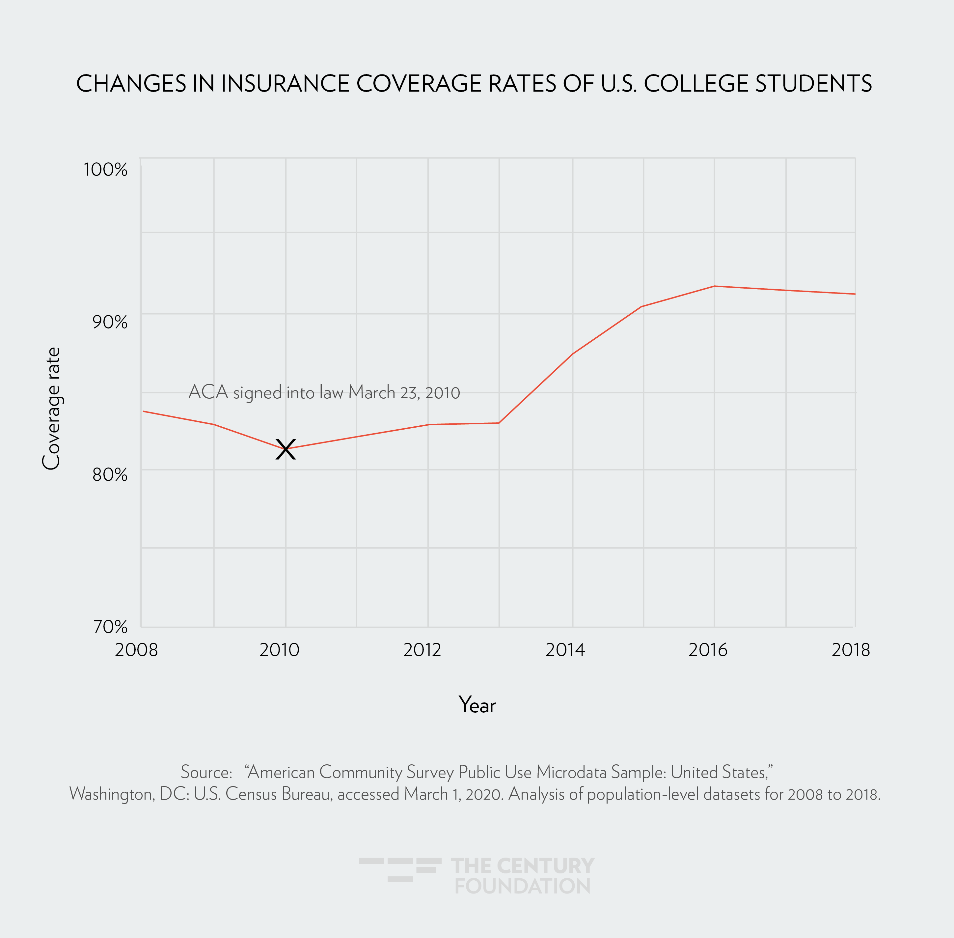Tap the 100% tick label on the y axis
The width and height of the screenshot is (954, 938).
click(105, 169)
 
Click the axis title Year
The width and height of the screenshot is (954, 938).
click(477, 705)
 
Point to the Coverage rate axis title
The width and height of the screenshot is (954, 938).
click(51, 409)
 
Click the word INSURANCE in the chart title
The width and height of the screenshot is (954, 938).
click(286, 84)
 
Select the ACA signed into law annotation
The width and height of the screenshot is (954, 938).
click(324, 393)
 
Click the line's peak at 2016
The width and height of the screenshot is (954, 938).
click(714, 286)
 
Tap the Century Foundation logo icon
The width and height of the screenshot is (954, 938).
click(400, 869)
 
